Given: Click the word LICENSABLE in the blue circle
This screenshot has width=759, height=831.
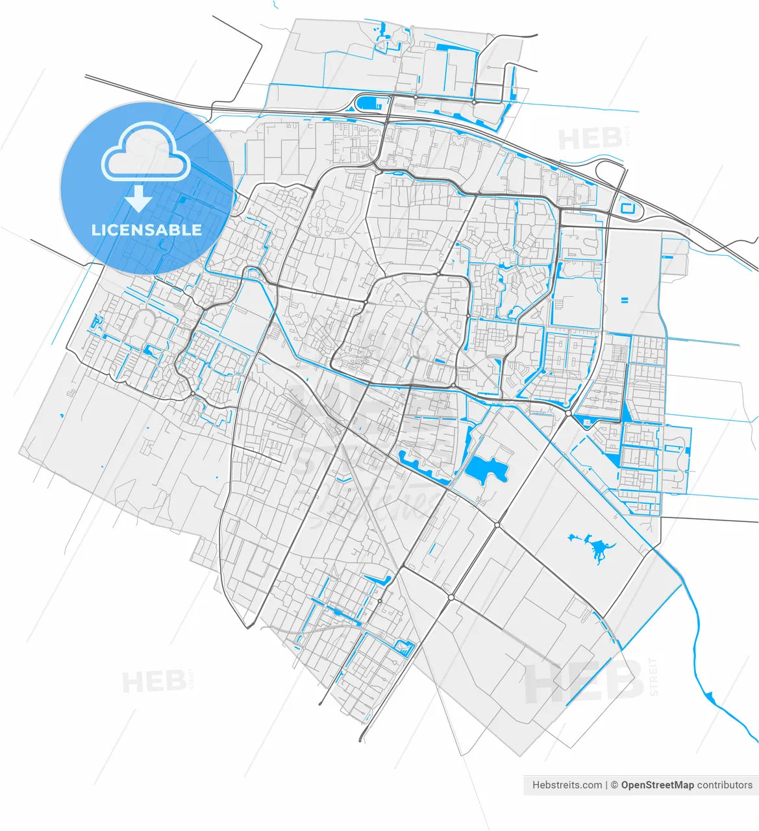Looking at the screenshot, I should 147,230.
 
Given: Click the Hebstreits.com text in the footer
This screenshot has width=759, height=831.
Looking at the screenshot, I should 567,785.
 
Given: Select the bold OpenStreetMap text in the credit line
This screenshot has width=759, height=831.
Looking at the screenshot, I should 657,785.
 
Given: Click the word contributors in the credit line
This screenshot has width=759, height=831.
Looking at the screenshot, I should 725,785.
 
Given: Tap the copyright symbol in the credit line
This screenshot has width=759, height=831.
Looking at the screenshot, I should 614,785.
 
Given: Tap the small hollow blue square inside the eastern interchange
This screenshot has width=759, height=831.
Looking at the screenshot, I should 628,208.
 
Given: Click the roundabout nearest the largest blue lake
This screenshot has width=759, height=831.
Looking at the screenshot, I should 497,525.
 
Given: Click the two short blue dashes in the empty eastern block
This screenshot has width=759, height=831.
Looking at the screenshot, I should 625,300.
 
